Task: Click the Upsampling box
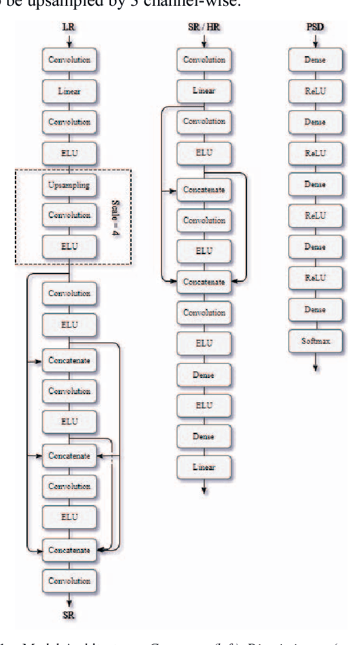tap(69, 185)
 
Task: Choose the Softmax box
tap(315, 341)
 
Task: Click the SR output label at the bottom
tap(69, 615)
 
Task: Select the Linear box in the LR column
tap(69, 92)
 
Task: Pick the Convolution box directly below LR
tap(69, 60)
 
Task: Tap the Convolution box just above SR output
tap(69, 580)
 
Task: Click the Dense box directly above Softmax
tap(315, 310)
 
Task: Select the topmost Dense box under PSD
tap(315, 60)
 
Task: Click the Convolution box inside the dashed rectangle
tap(69, 215)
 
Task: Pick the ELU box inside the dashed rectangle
tap(69, 246)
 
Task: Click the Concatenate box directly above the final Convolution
tap(69, 550)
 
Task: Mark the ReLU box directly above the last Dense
tap(315, 278)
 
